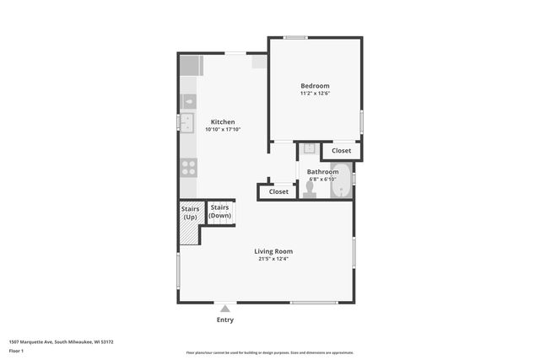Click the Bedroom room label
click(x=315, y=86)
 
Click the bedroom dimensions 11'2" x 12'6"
click(x=315, y=94)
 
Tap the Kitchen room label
click(x=223, y=122)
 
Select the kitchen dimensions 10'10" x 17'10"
click(x=223, y=130)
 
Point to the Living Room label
click(x=274, y=251)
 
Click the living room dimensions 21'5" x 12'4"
click(x=274, y=259)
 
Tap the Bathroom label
click(x=322, y=172)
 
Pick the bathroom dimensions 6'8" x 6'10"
click(x=322, y=179)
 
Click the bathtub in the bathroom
click(x=340, y=181)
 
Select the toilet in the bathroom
click(x=309, y=191)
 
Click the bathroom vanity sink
click(x=309, y=149)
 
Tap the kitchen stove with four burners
click(x=188, y=167)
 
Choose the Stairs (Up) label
click(x=191, y=212)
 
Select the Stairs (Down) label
click(x=220, y=212)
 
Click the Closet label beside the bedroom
click(x=341, y=151)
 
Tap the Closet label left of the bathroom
click(x=278, y=192)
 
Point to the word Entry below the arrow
click(x=225, y=320)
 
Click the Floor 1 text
click(x=16, y=349)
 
